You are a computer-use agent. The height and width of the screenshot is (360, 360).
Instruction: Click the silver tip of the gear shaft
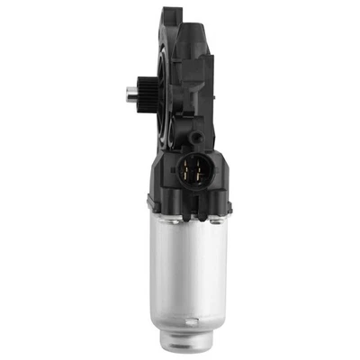[122, 92]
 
